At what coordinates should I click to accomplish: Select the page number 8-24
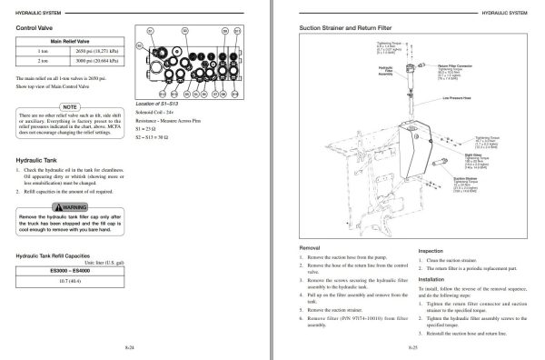[x=127, y=346]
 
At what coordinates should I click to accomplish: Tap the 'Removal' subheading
[x=310, y=248]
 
